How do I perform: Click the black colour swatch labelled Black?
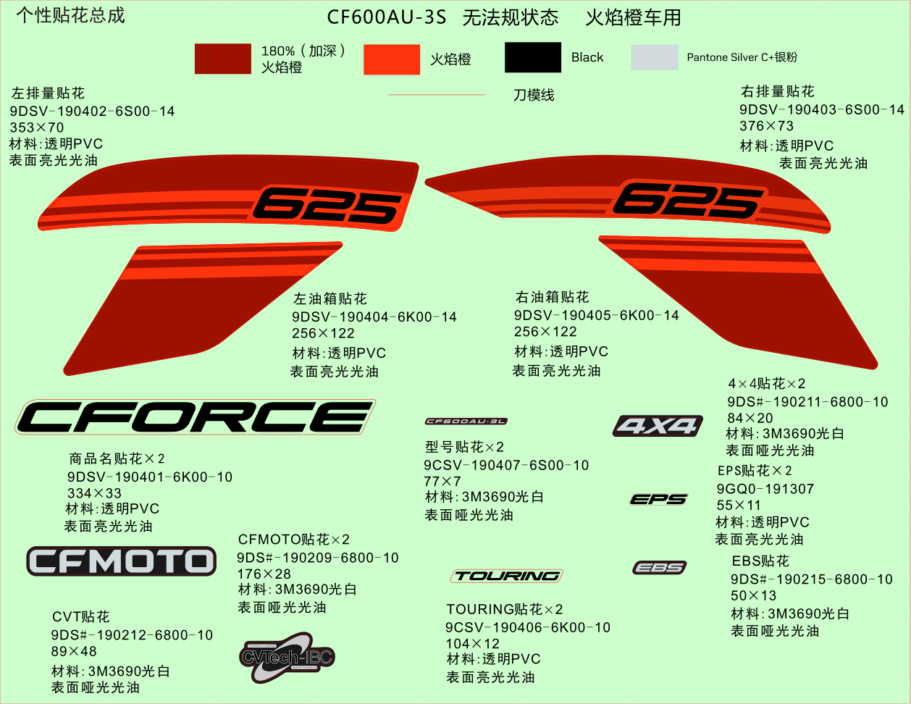click(532, 57)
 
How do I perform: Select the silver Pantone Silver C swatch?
click(654, 57)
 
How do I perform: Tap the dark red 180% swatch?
click(222, 59)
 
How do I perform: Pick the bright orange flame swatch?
click(391, 59)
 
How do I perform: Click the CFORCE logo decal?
click(195, 417)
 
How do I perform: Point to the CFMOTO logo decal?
click(122, 561)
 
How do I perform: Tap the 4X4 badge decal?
click(658, 426)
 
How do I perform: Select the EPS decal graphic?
click(658, 499)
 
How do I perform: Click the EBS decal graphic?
click(659, 568)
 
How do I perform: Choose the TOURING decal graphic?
click(506, 577)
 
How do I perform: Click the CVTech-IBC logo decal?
click(287, 657)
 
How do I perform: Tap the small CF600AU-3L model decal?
click(466, 422)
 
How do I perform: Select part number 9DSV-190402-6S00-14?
click(92, 111)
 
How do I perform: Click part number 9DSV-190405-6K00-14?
click(596, 315)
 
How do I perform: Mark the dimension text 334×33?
click(94, 493)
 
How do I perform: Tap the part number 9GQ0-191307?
click(765, 489)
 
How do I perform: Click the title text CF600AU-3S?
click(386, 17)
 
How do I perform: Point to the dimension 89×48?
click(74, 651)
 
